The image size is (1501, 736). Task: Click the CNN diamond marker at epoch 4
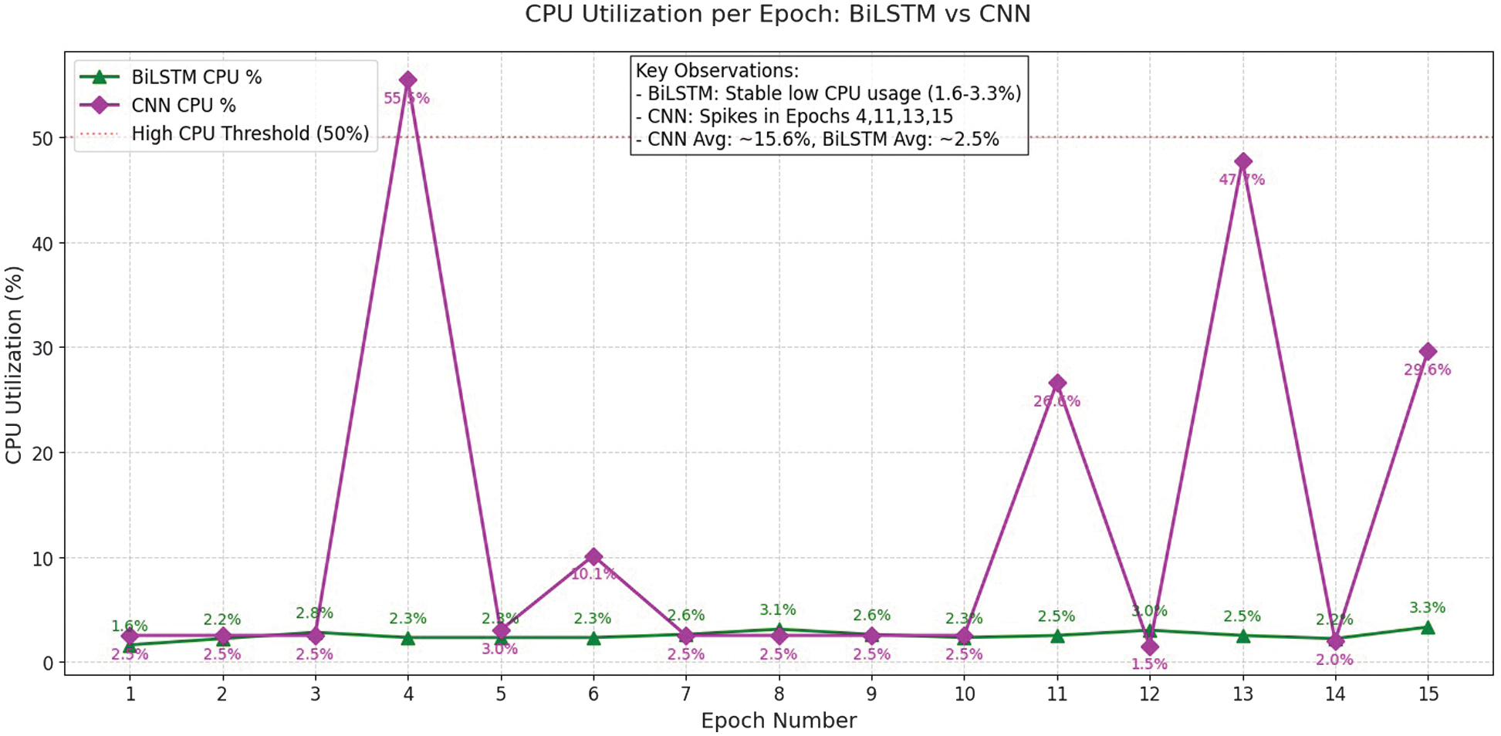point(408,80)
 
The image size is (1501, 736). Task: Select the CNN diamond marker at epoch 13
point(1242,162)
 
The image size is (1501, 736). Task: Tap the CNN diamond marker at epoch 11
point(1057,383)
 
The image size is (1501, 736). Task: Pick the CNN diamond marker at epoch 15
point(1428,352)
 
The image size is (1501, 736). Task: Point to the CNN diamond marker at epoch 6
point(593,556)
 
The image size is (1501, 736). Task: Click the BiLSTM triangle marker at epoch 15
point(1428,628)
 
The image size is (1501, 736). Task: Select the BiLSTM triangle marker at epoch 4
point(408,638)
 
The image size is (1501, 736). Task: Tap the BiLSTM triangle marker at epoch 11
point(1057,636)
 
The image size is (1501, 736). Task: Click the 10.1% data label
point(593,574)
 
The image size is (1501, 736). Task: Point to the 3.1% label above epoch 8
point(778,610)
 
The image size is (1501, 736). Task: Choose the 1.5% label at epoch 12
point(1150,664)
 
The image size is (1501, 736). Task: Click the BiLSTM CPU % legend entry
point(196,77)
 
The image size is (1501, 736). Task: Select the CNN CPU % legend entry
point(184,106)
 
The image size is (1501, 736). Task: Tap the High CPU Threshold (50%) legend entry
point(250,133)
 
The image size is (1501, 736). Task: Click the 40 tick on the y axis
point(43,244)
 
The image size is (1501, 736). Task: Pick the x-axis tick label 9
point(871,694)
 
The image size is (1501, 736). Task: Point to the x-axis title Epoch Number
point(778,721)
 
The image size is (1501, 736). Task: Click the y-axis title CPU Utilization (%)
point(14,365)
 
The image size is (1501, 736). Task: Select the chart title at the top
point(778,14)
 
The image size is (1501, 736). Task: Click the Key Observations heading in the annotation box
point(717,71)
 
